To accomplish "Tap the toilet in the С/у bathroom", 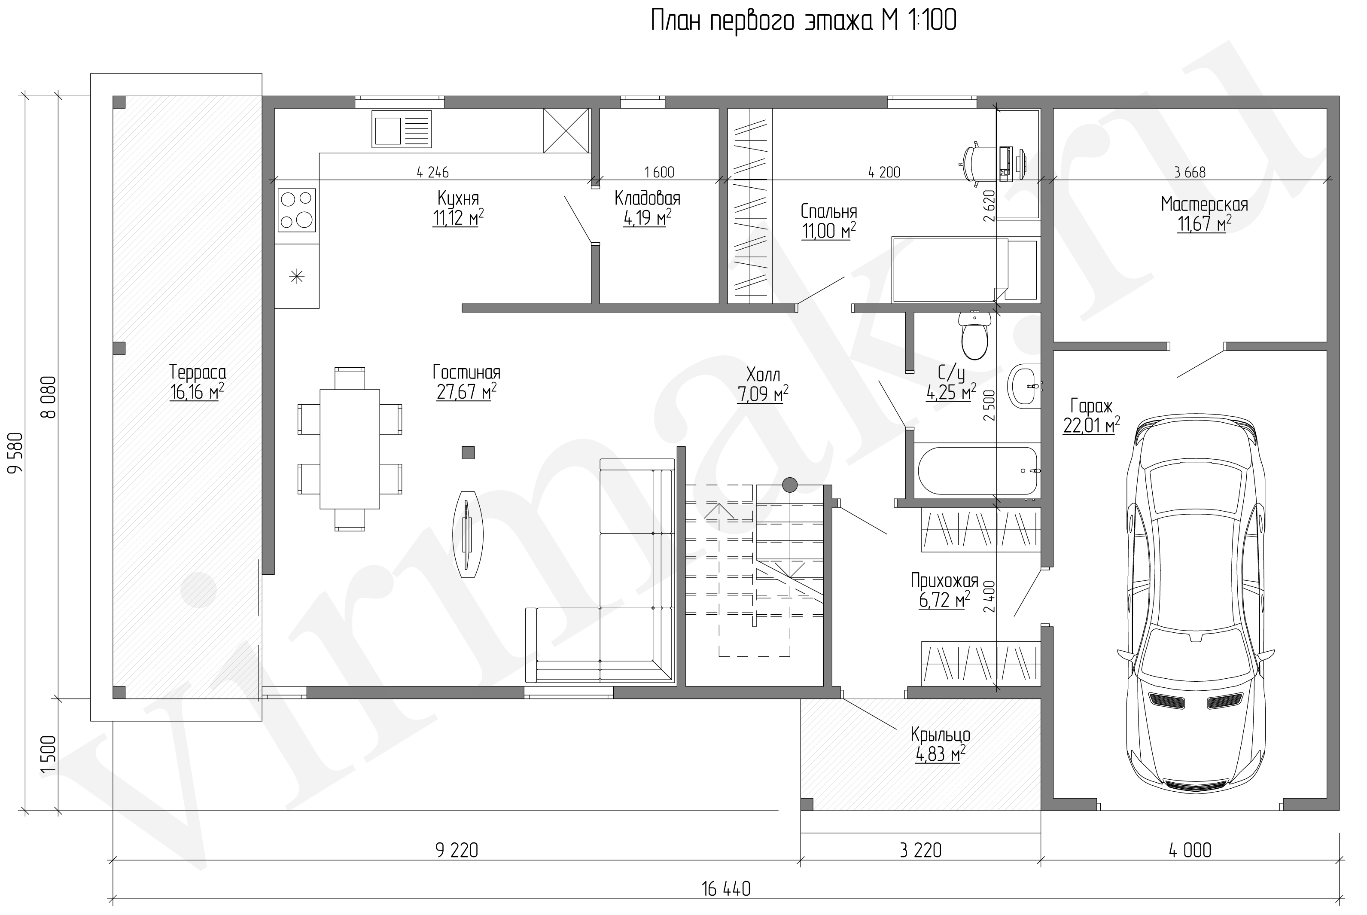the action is pyautogui.click(x=974, y=335).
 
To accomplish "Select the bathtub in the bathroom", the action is pyautogui.click(x=977, y=470).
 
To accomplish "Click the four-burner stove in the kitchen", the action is pyautogui.click(x=297, y=209).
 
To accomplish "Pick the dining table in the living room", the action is pyautogui.click(x=350, y=449).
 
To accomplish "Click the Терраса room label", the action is pyautogui.click(x=197, y=372).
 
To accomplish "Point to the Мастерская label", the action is pyautogui.click(x=1204, y=204).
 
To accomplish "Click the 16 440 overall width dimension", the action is pyautogui.click(x=726, y=889).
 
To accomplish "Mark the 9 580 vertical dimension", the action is pyautogui.click(x=16, y=453).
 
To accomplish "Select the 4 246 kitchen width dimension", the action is pyautogui.click(x=433, y=172).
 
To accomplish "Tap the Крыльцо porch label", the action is pyautogui.click(x=940, y=734).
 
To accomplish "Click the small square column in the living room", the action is pyautogui.click(x=468, y=452).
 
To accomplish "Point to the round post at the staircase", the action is pyautogui.click(x=789, y=484).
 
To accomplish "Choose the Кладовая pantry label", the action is pyautogui.click(x=648, y=198).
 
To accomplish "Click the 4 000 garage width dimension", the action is pyautogui.click(x=1190, y=850).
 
